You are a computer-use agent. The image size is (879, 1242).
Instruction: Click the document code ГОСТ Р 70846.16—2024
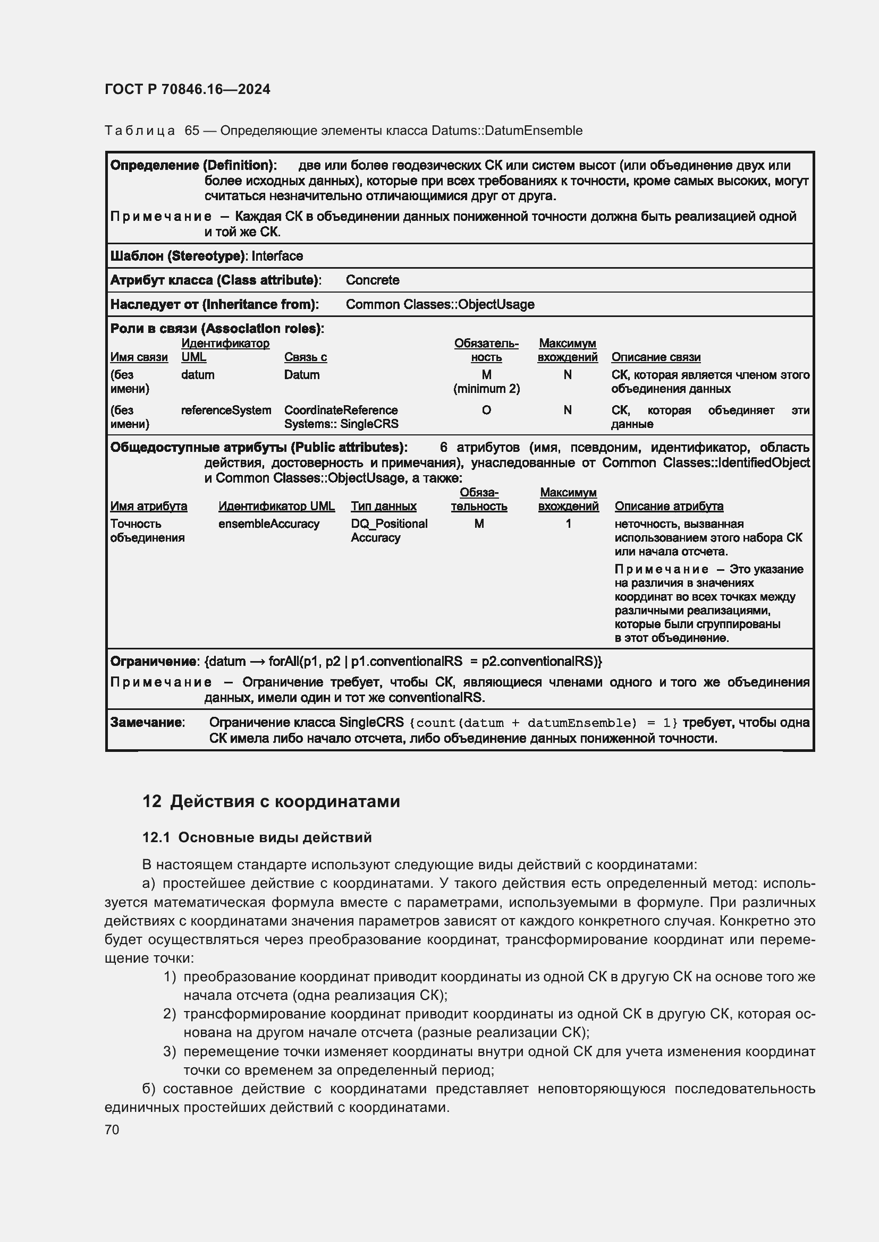(x=187, y=89)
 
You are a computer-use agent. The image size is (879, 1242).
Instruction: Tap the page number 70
(x=112, y=1129)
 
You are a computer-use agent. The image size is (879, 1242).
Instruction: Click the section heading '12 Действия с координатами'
(x=271, y=801)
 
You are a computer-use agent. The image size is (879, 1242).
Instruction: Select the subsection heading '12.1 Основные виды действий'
(x=257, y=837)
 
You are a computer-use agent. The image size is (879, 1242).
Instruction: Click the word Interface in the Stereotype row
(x=277, y=256)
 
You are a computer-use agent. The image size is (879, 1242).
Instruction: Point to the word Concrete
(x=373, y=280)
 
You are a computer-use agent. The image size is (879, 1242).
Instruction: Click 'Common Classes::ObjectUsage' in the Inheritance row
(x=439, y=305)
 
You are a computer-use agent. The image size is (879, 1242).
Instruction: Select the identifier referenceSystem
(x=226, y=410)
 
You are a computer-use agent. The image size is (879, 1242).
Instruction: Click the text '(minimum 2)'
(x=486, y=389)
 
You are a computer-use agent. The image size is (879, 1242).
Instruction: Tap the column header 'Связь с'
(x=305, y=357)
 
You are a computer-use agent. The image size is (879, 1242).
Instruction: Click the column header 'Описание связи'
(x=655, y=357)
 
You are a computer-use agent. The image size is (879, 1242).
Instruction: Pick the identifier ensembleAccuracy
(x=269, y=524)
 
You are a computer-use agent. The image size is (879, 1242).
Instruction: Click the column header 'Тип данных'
(x=383, y=507)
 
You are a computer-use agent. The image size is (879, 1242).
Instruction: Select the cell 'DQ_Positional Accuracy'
(x=388, y=530)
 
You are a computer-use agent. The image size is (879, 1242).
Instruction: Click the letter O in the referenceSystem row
(x=486, y=410)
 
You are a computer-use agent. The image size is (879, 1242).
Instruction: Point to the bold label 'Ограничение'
(x=153, y=662)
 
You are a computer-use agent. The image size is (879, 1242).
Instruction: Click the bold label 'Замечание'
(x=147, y=722)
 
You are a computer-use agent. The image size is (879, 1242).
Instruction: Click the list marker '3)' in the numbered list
(x=170, y=1051)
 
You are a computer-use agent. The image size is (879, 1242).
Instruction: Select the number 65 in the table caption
(x=192, y=131)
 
